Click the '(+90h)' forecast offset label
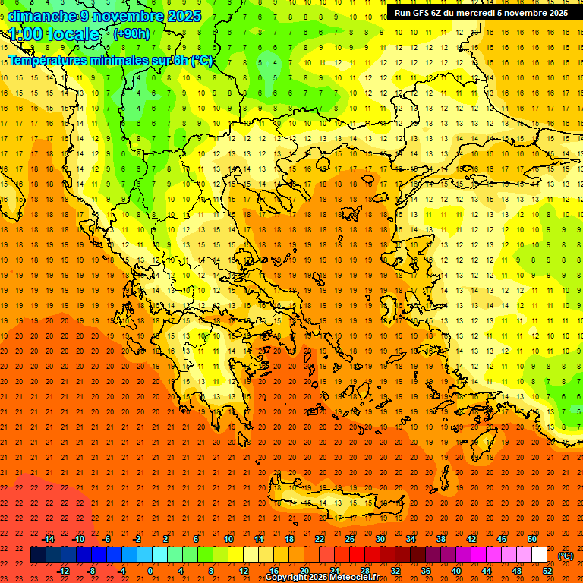click(131, 34)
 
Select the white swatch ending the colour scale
click(539, 555)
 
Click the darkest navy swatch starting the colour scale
click(38, 555)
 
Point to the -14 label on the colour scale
click(48, 539)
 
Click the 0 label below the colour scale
click(150, 571)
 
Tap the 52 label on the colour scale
click(547, 571)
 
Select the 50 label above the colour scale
click(532, 539)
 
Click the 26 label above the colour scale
click(350, 539)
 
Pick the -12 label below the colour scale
click(63, 571)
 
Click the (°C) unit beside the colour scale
click(566, 556)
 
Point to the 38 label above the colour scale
click(441, 539)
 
